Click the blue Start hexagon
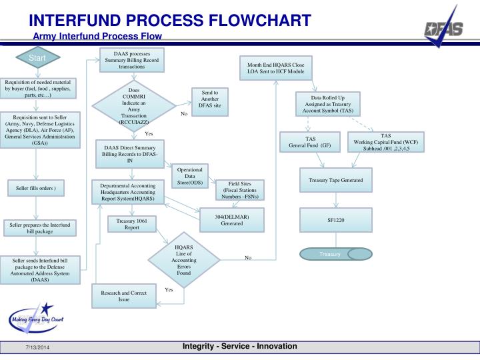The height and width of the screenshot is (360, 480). [x=37, y=59]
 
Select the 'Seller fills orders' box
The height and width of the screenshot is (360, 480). [x=40, y=189]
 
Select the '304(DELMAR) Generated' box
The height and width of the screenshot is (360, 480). [x=232, y=219]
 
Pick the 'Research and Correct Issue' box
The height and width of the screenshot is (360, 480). [x=123, y=296]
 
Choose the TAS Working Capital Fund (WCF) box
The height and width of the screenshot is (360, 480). [x=386, y=141]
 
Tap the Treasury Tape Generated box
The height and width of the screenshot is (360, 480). [x=335, y=180]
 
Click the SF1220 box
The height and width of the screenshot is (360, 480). [x=335, y=219]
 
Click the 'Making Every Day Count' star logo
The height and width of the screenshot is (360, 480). [x=35, y=319]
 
